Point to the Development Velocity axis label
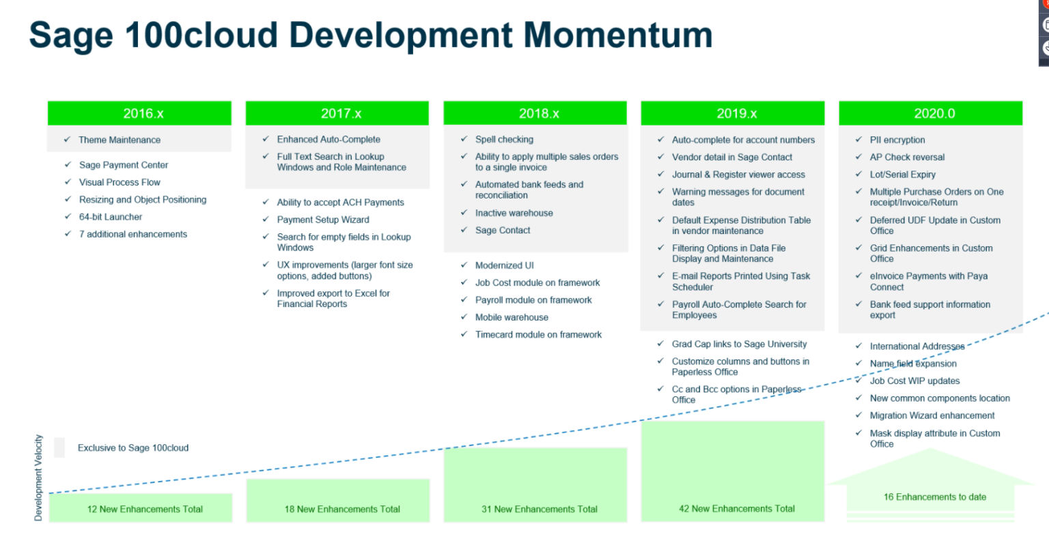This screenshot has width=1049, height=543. click(38, 478)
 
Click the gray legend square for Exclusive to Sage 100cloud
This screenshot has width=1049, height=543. click(59, 447)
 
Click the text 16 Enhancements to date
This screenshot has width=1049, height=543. click(934, 497)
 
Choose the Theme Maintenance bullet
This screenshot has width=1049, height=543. click(120, 140)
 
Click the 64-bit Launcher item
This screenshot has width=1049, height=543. click(111, 217)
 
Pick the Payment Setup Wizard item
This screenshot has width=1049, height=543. click(323, 220)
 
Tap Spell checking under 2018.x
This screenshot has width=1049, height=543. click(504, 139)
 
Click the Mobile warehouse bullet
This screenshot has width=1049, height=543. click(512, 317)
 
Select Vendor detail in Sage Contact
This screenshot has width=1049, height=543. click(731, 157)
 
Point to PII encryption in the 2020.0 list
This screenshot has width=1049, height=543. click(897, 140)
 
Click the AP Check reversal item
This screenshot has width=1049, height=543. click(907, 157)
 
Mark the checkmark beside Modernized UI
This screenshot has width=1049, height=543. click(464, 265)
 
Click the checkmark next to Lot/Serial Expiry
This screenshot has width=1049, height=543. click(858, 175)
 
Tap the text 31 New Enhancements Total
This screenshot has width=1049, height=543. click(539, 509)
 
